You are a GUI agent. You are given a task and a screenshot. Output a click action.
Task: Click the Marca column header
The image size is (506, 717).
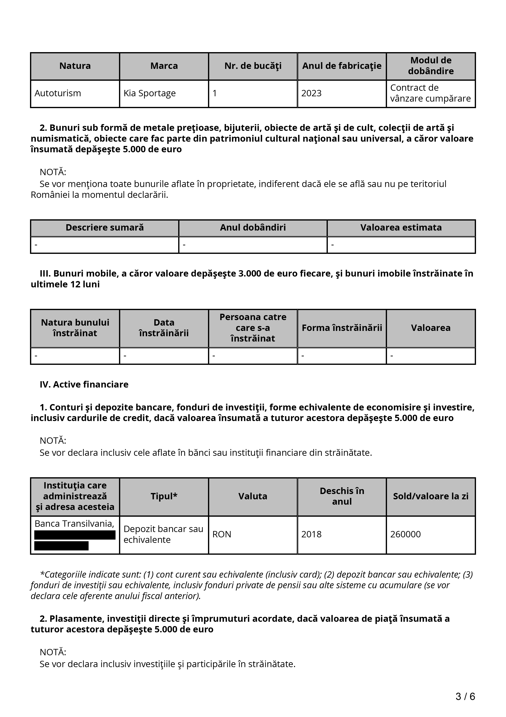pos(164,66)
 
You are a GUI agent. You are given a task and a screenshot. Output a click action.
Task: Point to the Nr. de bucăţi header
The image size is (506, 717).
pos(253,66)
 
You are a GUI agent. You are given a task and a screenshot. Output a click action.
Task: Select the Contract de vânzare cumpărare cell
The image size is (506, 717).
pos(430,93)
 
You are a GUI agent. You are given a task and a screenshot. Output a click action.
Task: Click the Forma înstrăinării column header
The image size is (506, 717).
pos(342,328)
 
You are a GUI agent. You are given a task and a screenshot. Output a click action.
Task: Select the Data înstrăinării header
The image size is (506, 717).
pos(164,328)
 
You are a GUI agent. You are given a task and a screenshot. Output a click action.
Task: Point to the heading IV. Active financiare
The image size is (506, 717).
pos(84,384)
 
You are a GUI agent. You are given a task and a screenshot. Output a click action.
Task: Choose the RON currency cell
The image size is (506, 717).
pos(222,534)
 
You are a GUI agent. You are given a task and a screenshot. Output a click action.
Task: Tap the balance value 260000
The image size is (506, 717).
pos(405,534)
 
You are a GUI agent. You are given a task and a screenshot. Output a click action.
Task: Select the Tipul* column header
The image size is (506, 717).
pos(164,496)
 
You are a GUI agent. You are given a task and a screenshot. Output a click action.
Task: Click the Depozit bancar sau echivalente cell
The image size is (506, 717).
pos(163,534)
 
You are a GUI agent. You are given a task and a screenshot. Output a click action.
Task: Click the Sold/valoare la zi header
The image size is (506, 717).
pos(430,496)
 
